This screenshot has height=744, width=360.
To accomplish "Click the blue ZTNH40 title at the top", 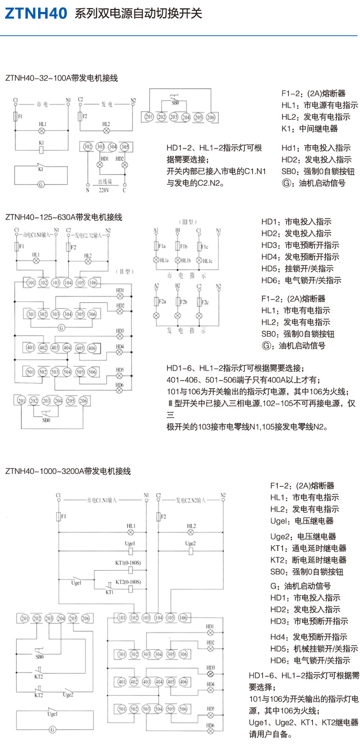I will point(36,14).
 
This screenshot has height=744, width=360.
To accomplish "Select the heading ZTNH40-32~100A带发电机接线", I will point(61,78).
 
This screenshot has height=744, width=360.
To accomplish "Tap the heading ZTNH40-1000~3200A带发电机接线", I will point(68,471).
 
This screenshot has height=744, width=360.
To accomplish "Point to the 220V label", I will point(104,190).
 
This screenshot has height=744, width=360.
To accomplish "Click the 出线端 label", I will point(105,182).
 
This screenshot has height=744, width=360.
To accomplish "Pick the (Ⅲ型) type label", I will point(188,222).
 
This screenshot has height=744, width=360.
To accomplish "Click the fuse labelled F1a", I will point(156,246).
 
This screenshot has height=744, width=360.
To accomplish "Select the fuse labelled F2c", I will point(199,302).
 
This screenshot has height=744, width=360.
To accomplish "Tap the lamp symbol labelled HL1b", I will point(178,260).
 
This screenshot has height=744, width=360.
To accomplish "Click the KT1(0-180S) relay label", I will point(128,563).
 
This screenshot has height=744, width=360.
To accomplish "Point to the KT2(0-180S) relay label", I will point(128,582).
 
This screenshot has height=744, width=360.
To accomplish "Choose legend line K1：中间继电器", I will point(309,129).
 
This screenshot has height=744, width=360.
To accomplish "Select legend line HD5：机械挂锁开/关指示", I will point(314,648).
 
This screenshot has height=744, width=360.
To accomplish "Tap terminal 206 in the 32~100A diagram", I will point(210,117).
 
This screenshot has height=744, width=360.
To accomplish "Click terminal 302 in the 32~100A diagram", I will point(88,147).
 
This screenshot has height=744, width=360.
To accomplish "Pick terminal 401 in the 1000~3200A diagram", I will point(122,682).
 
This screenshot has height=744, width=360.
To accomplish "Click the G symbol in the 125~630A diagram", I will point(61,328).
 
